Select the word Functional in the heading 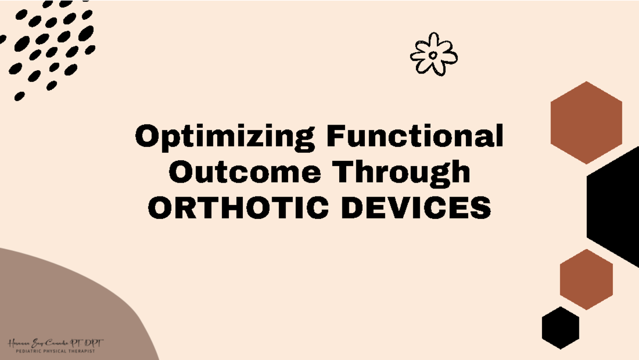coord(415,136)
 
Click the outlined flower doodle coord(433,54)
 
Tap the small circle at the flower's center coord(433,55)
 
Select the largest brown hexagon coord(586,122)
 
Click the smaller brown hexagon coord(586,279)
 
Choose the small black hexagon coord(560,328)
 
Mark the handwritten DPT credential coord(94,343)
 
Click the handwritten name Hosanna coord(20,344)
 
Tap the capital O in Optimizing coord(147,137)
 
